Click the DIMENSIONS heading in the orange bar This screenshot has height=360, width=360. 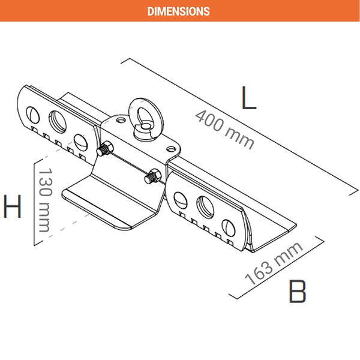[x=180, y=11]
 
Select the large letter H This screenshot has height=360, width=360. [x=13, y=207]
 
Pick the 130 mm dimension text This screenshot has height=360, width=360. [x=45, y=200]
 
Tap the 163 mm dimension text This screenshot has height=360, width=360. [x=272, y=265]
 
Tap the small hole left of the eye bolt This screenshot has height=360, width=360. [x=122, y=122]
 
